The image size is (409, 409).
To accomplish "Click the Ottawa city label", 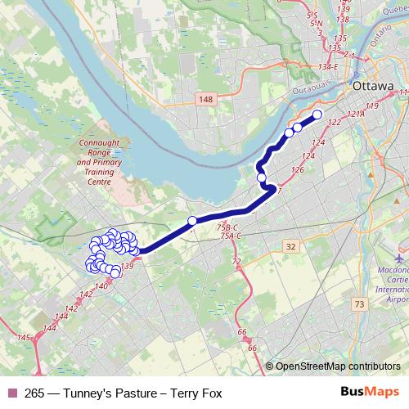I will pos(372,86).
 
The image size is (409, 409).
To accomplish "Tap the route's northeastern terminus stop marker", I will pos(317,115).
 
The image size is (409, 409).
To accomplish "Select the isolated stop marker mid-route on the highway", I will pos(192,220).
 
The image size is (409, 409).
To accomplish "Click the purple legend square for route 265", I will pos(11,393).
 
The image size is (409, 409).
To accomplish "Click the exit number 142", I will pos(71,307).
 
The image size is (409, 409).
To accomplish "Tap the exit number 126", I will pos(297,170).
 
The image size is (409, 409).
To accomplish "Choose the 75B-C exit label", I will pos(227,227).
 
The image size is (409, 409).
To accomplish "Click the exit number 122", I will pos(333,122).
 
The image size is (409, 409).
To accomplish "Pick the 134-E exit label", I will pos(330,67).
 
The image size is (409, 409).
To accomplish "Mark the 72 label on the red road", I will pos(237,262).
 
